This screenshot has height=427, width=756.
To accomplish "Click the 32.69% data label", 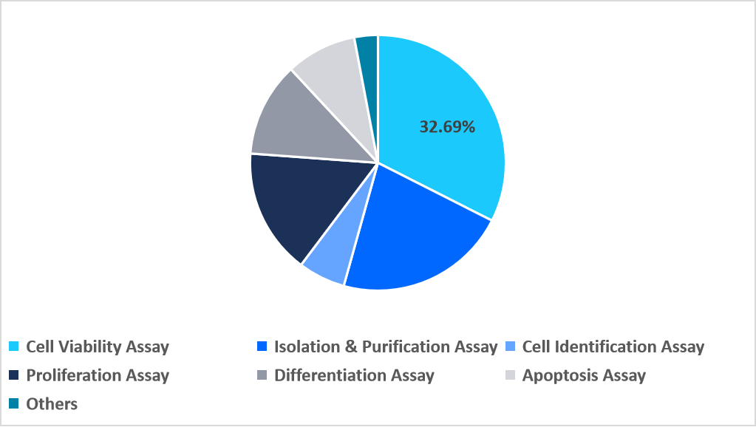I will point(447,127).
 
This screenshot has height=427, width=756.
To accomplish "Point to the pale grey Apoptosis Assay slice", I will point(333,74).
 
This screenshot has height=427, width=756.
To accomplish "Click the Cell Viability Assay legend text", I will point(98,346).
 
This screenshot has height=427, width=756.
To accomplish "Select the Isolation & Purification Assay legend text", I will point(385,346).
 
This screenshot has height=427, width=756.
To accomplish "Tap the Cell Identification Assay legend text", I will point(613,346).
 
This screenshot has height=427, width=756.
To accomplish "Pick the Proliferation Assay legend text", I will point(98,375).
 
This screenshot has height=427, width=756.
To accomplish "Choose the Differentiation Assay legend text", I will point(354,375).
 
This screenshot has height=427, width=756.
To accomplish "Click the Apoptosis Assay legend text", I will point(583,375).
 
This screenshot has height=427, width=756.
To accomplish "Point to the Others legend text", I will point(52,404).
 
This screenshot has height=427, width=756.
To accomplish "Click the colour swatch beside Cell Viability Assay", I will point(13,346).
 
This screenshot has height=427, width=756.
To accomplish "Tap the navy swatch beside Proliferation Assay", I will point(13,375).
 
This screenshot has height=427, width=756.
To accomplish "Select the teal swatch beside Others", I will point(13,404).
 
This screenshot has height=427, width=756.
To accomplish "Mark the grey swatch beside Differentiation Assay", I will point(261,375).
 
